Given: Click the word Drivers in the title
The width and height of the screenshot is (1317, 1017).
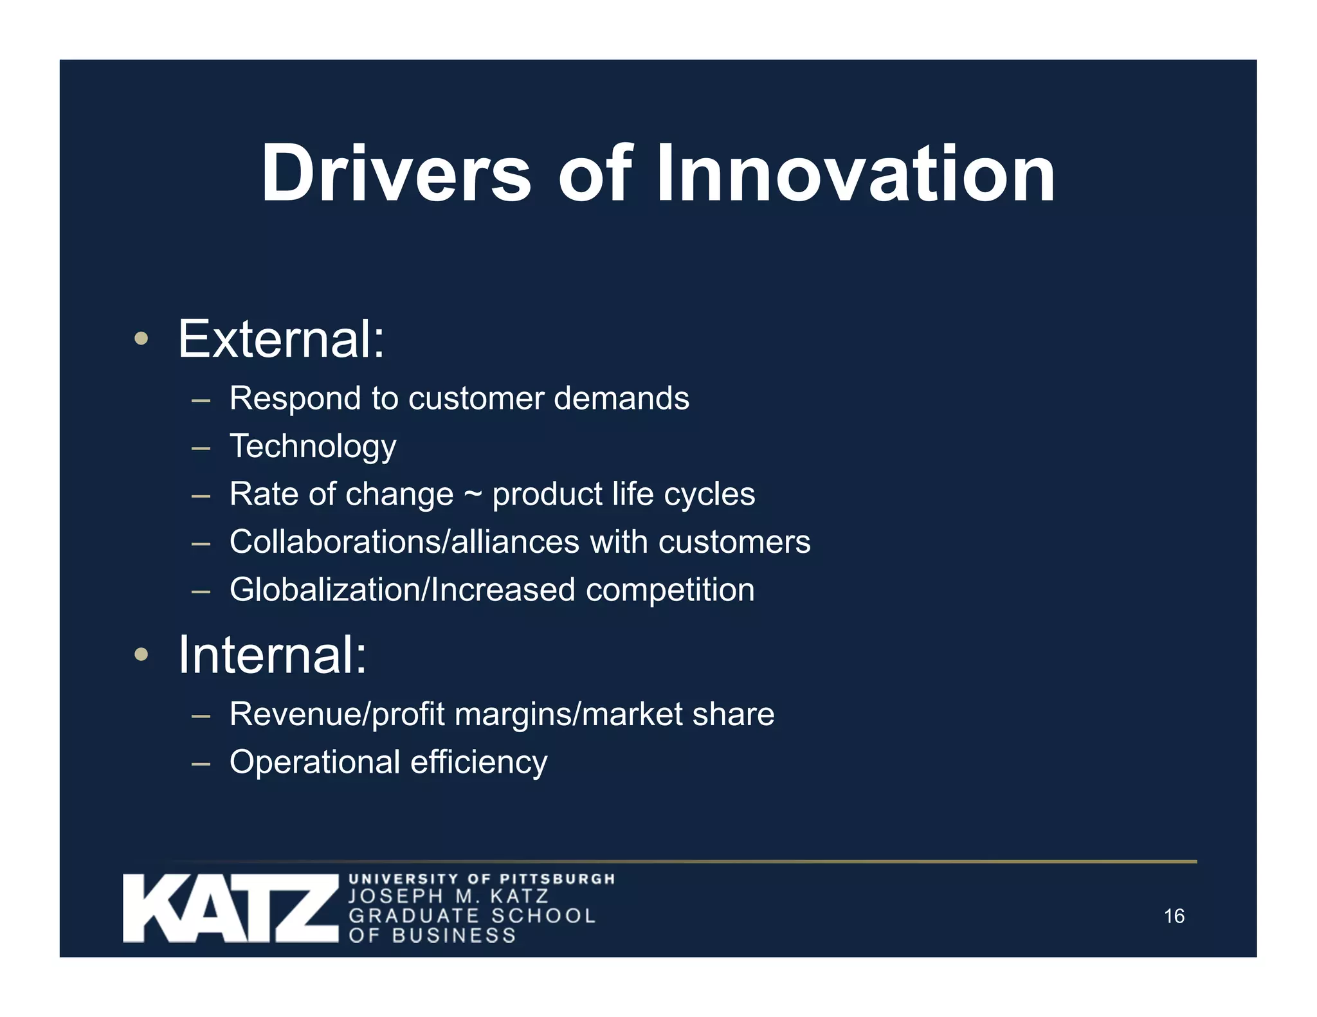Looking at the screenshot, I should coord(395,174).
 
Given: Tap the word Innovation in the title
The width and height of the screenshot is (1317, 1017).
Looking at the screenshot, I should coord(855,174).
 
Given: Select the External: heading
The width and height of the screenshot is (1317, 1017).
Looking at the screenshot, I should coord(281,339).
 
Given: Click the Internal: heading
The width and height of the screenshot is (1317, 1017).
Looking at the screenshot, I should coord(272,655).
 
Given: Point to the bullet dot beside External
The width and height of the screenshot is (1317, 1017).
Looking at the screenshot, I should coord(141,339).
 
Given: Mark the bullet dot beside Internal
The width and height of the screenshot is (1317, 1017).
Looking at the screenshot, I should coord(141,655).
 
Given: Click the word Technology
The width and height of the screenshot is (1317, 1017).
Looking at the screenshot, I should coord(313,446).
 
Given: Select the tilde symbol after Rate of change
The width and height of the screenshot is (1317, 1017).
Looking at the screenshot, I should coord(473,494).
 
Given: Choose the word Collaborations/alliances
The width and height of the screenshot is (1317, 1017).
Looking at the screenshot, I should coord(404,541).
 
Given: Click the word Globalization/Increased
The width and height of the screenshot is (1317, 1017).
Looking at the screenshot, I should coord(402,589).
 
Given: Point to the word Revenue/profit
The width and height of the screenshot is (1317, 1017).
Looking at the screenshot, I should coord(337,714).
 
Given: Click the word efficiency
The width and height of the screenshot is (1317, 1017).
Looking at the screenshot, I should coord(478,762).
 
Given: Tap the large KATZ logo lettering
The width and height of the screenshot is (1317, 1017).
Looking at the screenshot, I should coord(230,908).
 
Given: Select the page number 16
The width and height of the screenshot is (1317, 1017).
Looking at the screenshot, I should coord(1174,916).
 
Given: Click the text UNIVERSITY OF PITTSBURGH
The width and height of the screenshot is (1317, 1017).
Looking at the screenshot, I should coord(482,879).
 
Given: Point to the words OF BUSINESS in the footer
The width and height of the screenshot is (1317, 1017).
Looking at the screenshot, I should coord(432,935).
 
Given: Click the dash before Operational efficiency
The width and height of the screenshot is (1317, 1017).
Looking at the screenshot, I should coord(201,764).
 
